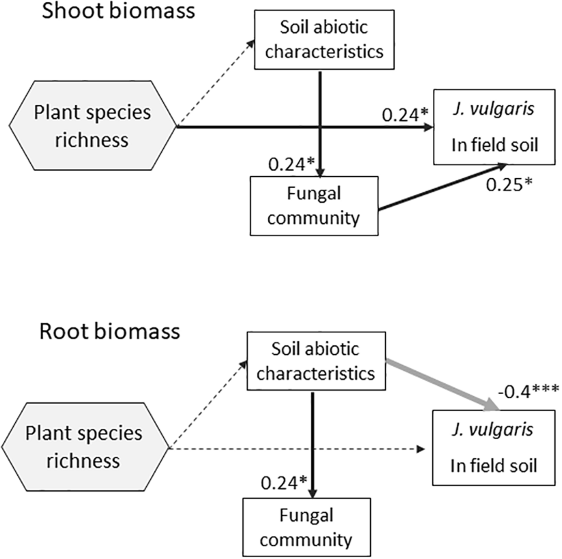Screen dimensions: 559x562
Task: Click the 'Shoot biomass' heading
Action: click(118, 12)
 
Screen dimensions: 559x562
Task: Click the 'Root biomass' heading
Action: click(110, 332)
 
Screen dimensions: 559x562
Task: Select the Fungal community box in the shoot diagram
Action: click(314, 206)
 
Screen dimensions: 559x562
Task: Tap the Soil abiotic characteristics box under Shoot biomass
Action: click(324, 40)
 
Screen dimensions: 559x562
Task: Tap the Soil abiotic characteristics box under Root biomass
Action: click(316, 361)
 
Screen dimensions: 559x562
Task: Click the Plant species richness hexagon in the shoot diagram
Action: click(92, 126)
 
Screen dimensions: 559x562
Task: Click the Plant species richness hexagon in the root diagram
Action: click(84, 447)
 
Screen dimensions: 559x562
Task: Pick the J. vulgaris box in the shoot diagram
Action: click(494, 127)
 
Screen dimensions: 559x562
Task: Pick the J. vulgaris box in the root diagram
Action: click(493, 448)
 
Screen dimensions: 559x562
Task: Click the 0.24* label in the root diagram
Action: click(284, 483)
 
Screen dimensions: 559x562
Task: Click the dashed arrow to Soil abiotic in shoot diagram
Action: click(215, 83)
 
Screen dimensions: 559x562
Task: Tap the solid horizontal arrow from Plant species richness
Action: click(247, 127)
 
